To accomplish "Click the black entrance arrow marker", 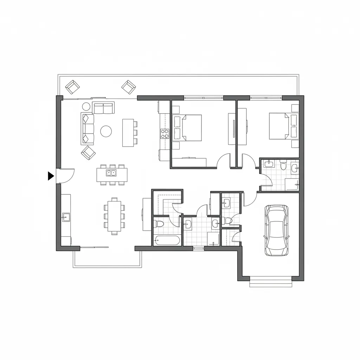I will click(51, 176).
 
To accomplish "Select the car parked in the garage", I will click(276, 230).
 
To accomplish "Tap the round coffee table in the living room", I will click(106, 131).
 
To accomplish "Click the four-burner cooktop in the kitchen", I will click(165, 134).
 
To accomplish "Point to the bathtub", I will click(167, 240).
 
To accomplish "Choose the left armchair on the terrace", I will click(72, 87).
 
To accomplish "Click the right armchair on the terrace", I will click(129, 86).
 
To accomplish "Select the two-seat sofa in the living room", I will click(103, 108).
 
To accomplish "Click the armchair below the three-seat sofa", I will click(88, 153).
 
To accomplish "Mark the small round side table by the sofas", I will click(86, 106).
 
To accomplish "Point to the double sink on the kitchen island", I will click(112, 173).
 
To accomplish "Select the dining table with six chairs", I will click(114, 216).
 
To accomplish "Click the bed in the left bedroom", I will click(187, 128).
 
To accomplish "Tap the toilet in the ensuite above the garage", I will click(283, 165).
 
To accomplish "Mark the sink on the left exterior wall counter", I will click(65, 217).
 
